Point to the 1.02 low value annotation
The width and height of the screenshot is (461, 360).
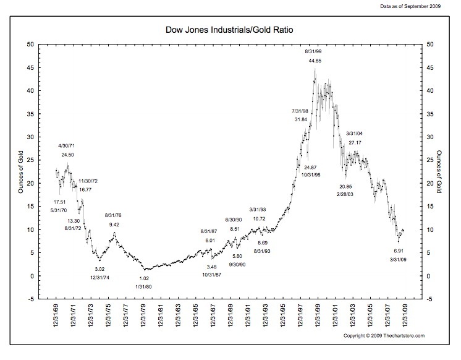[143, 278]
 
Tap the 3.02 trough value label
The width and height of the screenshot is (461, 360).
[99, 269]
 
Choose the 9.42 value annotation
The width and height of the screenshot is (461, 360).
[114, 225]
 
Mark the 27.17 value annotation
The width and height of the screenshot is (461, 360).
[355, 143]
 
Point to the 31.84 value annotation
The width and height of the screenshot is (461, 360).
[300, 119]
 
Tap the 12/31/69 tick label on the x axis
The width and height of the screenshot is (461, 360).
[56, 320]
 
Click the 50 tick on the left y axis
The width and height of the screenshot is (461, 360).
[30, 45]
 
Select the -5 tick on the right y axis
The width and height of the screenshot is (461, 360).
[426, 299]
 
